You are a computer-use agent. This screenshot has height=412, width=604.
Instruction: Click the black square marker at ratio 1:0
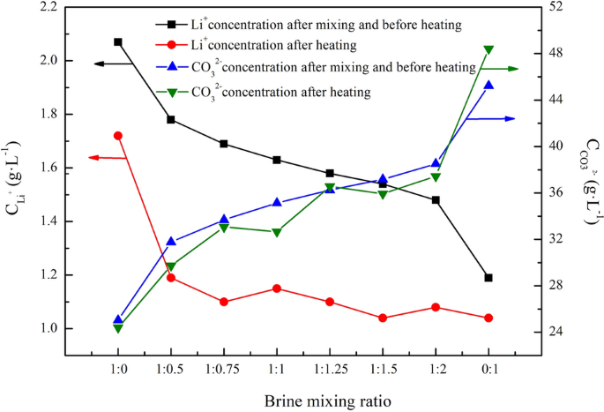pos(118,41)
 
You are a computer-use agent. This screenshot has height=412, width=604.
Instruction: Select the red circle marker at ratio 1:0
pos(118,136)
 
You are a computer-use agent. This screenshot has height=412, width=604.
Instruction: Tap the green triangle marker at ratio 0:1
pos(488,50)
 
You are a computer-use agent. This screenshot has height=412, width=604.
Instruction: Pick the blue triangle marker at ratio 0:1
pos(488,85)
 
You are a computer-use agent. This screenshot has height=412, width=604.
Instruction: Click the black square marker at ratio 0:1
pos(488,278)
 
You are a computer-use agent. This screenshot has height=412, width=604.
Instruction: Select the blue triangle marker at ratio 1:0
pos(118,319)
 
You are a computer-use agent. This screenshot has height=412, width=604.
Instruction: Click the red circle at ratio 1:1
pos(277,288)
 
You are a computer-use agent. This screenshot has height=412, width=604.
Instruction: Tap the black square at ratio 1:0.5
pos(171,119)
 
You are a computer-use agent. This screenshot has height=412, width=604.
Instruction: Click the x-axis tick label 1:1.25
pos(330,366)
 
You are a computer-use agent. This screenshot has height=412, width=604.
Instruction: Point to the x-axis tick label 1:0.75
pos(224,366)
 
